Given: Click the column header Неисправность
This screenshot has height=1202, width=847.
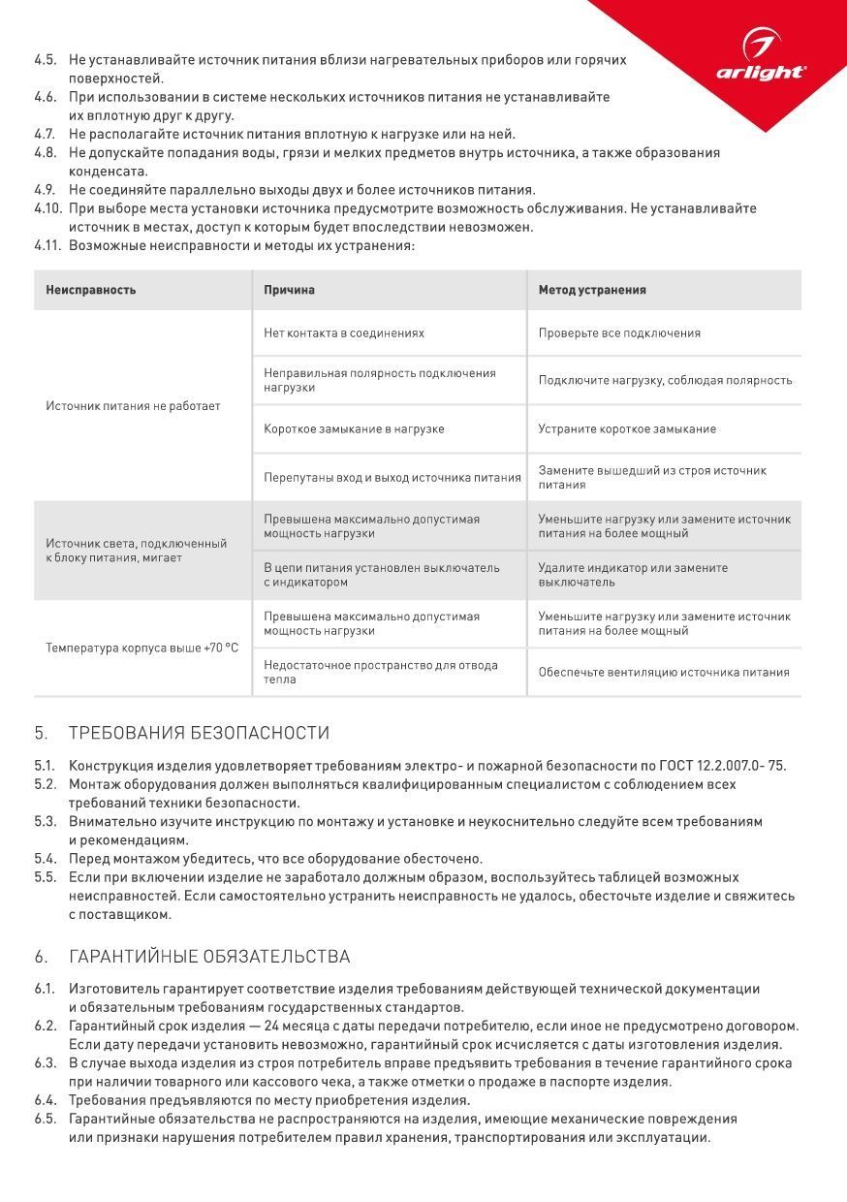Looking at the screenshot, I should pos(91,290).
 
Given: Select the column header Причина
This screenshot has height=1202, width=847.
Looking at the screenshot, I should pos(289,290).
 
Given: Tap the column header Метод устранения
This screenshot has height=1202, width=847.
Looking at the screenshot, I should pos(592,290).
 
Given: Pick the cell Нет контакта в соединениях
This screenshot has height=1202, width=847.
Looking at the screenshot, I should pos(344,333).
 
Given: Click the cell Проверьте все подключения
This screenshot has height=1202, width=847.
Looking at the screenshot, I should pos(619,333).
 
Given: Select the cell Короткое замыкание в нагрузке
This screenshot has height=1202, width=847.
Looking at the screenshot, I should pos(354,429).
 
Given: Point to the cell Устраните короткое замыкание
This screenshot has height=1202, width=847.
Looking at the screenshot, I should pos(627,429).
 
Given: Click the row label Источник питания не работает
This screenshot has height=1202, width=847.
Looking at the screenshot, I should pos(133,406).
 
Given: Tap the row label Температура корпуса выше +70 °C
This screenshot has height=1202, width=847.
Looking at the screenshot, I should pos(141,648).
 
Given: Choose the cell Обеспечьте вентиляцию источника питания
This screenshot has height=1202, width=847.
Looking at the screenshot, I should pos(664,673).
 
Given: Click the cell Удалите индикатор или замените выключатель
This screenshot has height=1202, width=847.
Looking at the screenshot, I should pos(633,575).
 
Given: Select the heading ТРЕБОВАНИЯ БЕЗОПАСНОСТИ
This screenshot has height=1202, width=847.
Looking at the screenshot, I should pos(199,733).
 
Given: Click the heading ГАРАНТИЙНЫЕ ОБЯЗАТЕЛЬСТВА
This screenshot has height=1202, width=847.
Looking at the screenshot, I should pos(209,957).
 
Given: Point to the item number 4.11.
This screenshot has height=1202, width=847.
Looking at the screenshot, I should pos(47,246).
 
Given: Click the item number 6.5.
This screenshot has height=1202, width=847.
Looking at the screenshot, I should pos(45,1119).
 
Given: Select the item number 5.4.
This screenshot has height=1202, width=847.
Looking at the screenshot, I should pos(45,859).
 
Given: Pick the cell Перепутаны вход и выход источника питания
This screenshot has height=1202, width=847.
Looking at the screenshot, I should pos(392,478).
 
